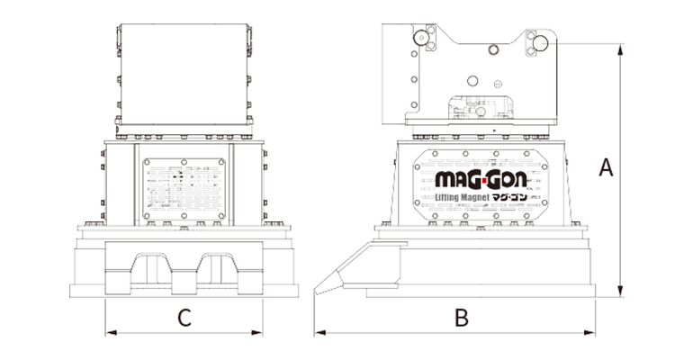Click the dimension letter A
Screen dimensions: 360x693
pos(605,167)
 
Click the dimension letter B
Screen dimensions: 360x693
pos(461,317)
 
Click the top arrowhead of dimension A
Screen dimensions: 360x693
pos(621,56)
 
